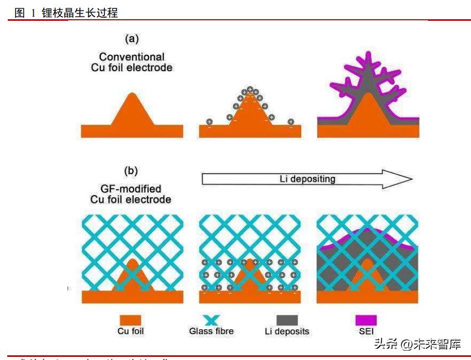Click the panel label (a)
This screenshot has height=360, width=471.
[132, 38]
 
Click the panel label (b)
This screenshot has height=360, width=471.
[132, 170]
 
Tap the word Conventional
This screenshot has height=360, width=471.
[132, 57]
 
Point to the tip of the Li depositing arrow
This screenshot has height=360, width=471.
[411, 179]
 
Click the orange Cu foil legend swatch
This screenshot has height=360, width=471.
[130, 319]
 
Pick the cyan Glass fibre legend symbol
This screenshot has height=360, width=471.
[211, 319]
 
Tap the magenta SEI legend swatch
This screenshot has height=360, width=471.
[366, 319]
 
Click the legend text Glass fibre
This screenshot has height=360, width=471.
[211, 331]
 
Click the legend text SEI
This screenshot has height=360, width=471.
[366, 331]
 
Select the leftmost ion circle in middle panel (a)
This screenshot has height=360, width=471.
[209, 122]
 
